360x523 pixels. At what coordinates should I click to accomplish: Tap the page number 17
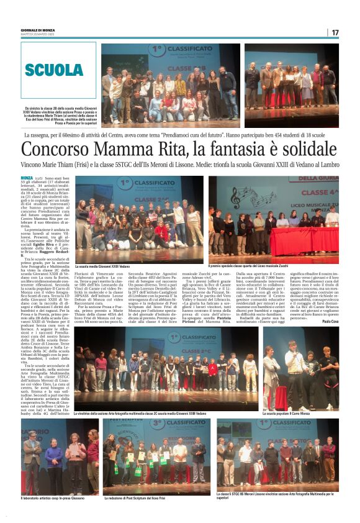[335, 32]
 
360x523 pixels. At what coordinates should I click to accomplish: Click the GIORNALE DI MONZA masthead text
[38, 29]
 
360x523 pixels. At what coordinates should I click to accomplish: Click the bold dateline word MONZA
[29, 178]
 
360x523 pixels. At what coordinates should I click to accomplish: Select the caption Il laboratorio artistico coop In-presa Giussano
[51, 498]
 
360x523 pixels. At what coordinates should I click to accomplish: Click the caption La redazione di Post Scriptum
[138, 498]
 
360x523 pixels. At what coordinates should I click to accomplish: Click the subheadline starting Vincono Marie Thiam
[180, 165]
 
